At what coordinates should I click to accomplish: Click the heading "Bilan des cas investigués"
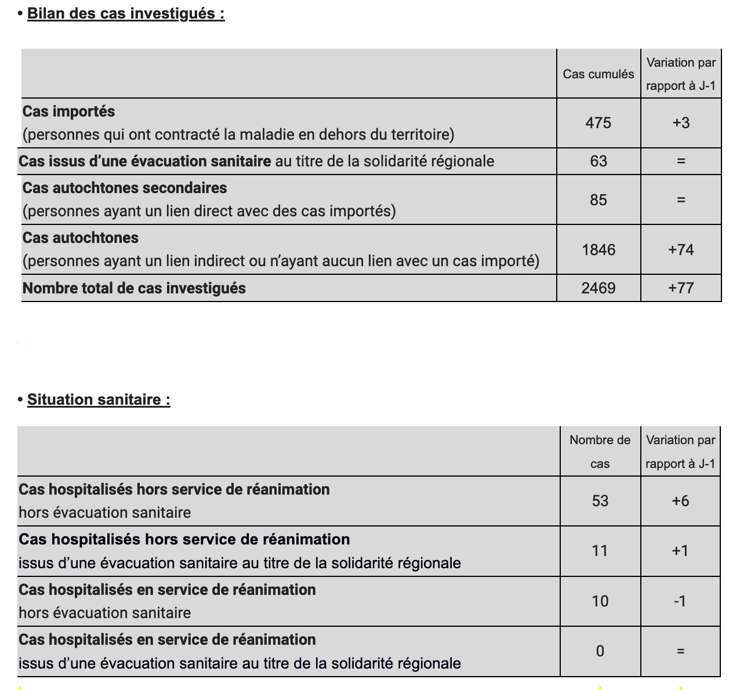point(125,13)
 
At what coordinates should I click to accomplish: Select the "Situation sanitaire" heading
point(99,400)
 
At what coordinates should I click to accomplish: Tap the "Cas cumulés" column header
point(598,74)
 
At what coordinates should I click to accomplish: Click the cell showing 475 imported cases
point(598,123)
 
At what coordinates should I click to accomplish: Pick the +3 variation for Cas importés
point(681,123)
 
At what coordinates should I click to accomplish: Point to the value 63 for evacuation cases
point(598,161)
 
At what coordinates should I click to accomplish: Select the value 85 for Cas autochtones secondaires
point(598,200)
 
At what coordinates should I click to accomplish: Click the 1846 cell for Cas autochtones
point(598,250)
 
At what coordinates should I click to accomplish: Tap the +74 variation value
point(681,250)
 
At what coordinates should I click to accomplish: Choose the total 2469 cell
point(598,288)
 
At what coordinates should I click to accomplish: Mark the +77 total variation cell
point(681,288)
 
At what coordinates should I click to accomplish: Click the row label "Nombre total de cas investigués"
point(134,288)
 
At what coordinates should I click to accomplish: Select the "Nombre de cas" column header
point(600,452)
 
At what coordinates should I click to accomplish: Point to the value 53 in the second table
point(600,501)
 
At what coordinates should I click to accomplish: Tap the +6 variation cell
point(680,501)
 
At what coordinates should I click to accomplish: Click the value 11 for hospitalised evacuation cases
point(600,551)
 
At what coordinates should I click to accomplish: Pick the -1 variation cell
point(680,601)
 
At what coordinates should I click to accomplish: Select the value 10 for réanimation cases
point(600,601)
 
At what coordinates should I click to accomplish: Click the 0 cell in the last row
point(600,651)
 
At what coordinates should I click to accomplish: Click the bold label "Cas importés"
point(68,111)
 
